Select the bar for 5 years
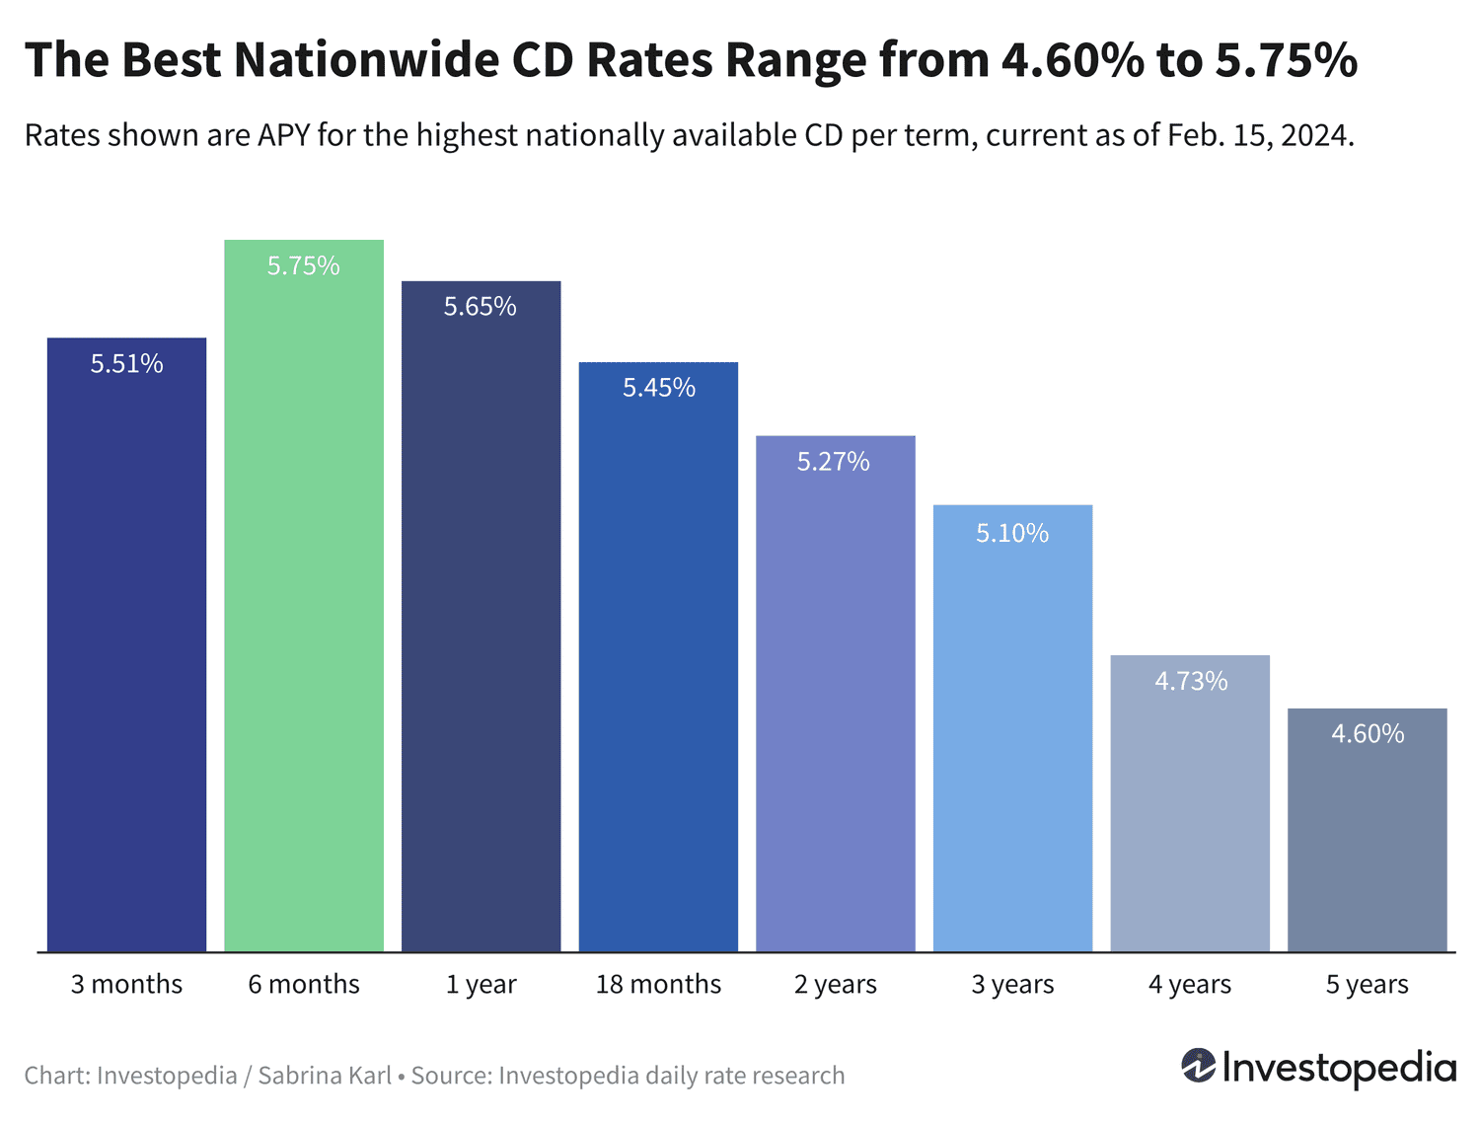click(x=1367, y=839)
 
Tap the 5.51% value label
click(x=127, y=364)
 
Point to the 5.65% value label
click(x=481, y=307)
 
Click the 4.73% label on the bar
click(x=1191, y=681)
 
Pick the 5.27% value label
click(x=834, y=462)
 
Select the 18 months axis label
click(x=658, y=985)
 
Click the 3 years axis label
click(x=1012, y=985)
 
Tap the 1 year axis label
click(x=481, y=985)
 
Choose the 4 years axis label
click(x=1190, y=985)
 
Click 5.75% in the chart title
click(x=1286, y=60)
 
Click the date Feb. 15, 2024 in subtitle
click(x=1260, y=135)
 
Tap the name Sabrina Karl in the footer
click(x=325, y=1076)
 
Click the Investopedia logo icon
click(x=1198, y=1067)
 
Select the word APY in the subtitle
click(x=284, y=135)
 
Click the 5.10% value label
click(x=1012, y=534)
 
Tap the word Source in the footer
click(x=449, y=1076)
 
